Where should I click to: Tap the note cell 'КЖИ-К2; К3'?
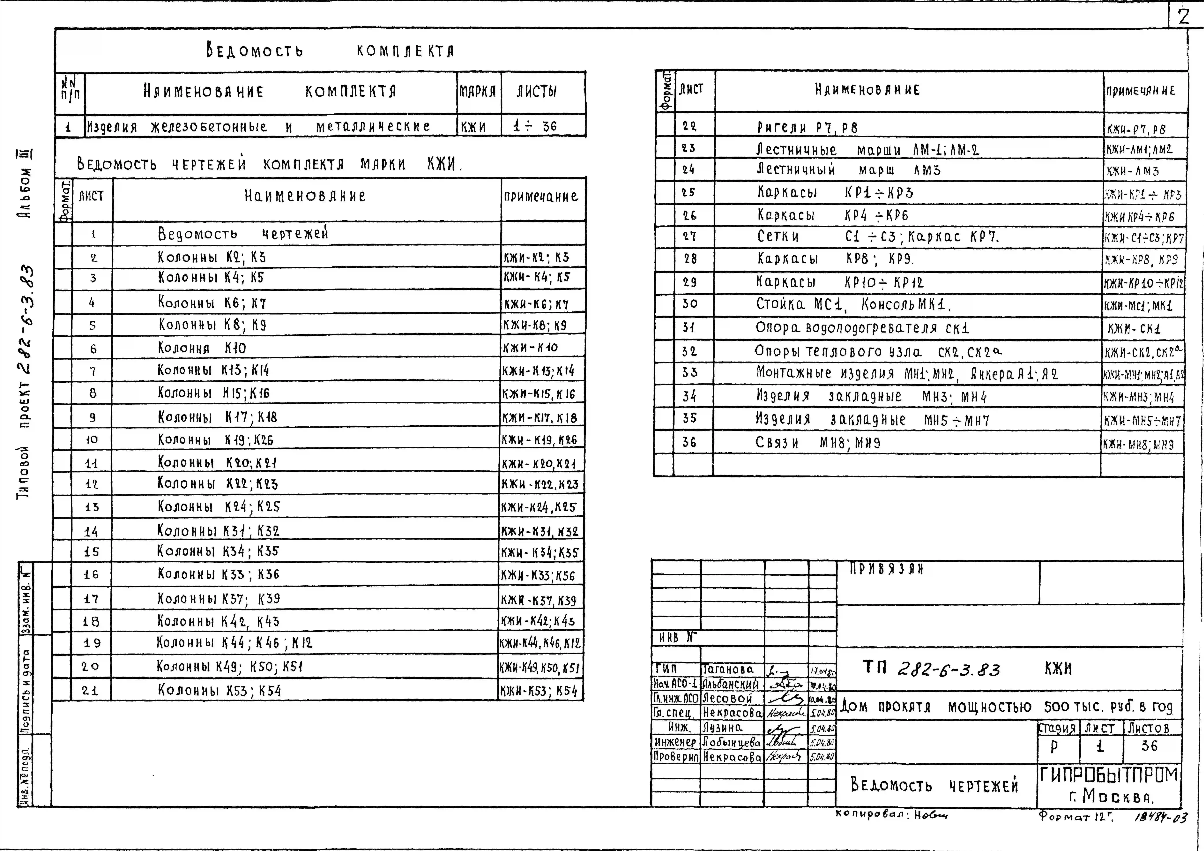click(536, 257)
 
